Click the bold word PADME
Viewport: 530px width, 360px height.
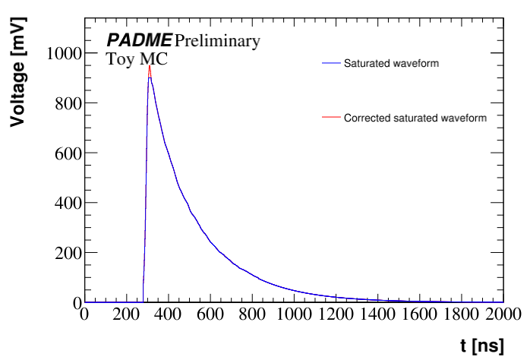(139, 40)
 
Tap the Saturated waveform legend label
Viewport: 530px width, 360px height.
(391, 63)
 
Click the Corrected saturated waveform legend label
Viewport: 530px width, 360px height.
(415, 118)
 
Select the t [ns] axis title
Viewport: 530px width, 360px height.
(481, 346)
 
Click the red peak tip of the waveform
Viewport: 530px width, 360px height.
(150, 66)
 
